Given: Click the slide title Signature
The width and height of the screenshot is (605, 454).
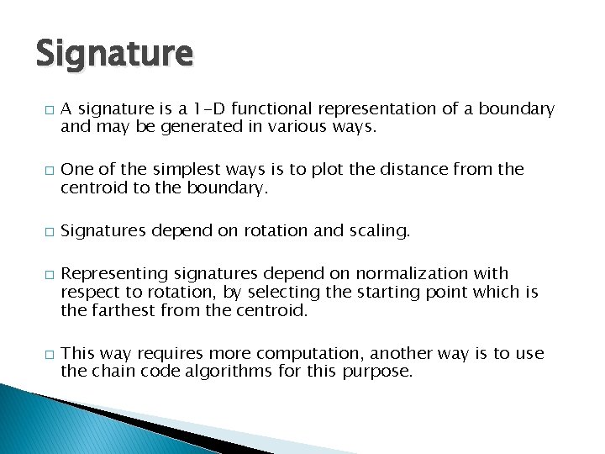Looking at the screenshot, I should (x=114, y=54).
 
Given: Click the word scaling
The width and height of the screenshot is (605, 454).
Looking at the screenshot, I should (x=375, y=230).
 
